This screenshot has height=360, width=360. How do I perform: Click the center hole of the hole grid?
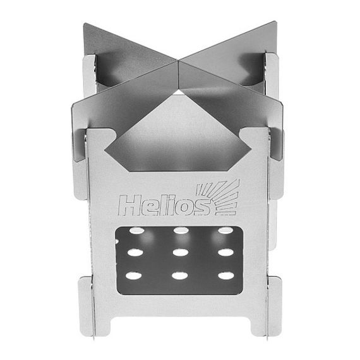pos(179,253)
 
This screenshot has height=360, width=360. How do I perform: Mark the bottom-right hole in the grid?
pos(224,275)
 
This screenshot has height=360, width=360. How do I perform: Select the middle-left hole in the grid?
pos(135,253)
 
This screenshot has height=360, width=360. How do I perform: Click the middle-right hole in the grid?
pos(224,253)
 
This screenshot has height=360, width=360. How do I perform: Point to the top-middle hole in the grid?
pos(179,231)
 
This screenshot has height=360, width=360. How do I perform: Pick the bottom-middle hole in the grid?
pos(179,276)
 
